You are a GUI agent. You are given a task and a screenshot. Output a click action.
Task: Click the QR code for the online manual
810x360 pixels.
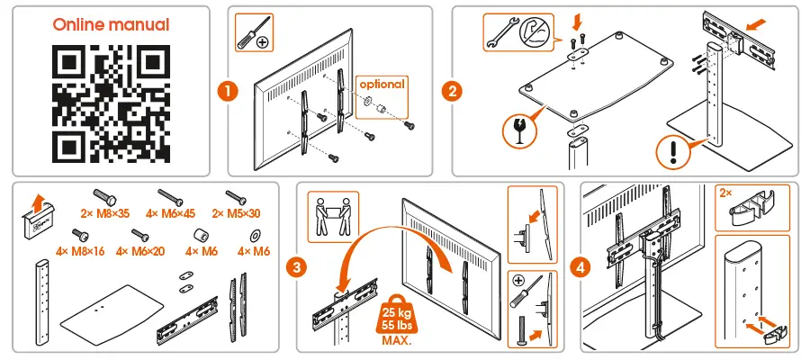point(111,103)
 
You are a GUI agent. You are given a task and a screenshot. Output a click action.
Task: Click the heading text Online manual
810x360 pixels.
point(111,24)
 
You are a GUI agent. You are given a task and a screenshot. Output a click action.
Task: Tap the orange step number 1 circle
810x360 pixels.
point(229,91)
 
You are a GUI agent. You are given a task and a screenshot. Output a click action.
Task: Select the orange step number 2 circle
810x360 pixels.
point(453,91)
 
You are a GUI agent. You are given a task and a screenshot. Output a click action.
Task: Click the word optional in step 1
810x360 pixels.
point(382,84)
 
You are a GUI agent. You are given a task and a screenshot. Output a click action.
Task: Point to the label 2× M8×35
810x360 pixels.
point(104,213)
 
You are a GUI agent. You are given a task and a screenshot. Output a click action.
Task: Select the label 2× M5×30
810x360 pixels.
point(236,213)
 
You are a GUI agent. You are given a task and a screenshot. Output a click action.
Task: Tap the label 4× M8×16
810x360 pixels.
point(79,252)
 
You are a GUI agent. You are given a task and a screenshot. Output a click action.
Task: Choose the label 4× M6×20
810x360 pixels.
point(140,252)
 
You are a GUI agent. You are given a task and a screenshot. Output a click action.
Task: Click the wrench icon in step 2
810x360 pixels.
point(497,31)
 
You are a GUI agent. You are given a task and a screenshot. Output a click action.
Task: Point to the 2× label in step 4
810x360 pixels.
point(726,193)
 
